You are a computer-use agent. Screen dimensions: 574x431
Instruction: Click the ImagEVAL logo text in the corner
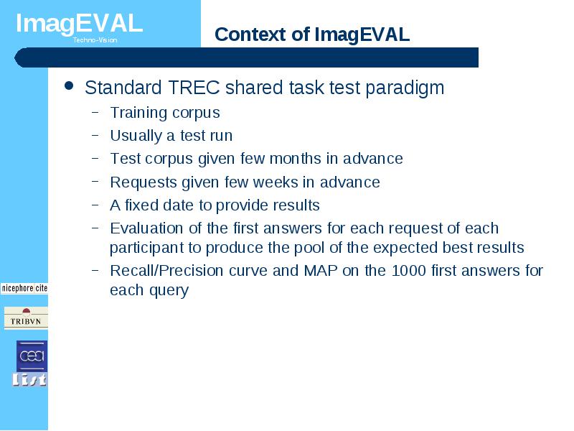pyautogui.click(x=79, y=24)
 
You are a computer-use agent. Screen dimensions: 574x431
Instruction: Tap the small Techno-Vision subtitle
pyautogui.click(x=95, y=40)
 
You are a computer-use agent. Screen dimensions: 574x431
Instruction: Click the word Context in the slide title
pyautogui.click(x=250, y=34)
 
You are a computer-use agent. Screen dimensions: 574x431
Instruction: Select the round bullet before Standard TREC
pyautogui.click(x=69, y=85)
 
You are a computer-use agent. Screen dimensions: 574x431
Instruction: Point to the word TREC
pyautogui.click(x=194, y=88)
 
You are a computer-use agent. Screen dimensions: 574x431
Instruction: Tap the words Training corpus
pyautogui.click(x=165, y=113)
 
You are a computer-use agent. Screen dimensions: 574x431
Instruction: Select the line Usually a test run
pyautogui.click(x=171, y=136)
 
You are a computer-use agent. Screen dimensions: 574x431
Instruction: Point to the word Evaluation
pyautogui.click(x=146, y=228)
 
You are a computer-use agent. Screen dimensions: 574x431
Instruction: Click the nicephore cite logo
pyautogui.click(x=24, y=289)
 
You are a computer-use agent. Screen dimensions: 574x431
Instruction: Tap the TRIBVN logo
pyautogui.click(x=26, y=318)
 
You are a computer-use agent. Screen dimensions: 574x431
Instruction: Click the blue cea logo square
pyautogui.click(x=32, y=356)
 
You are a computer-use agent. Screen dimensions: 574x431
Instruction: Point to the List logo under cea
pyautogui.click(x=29, y=380)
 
